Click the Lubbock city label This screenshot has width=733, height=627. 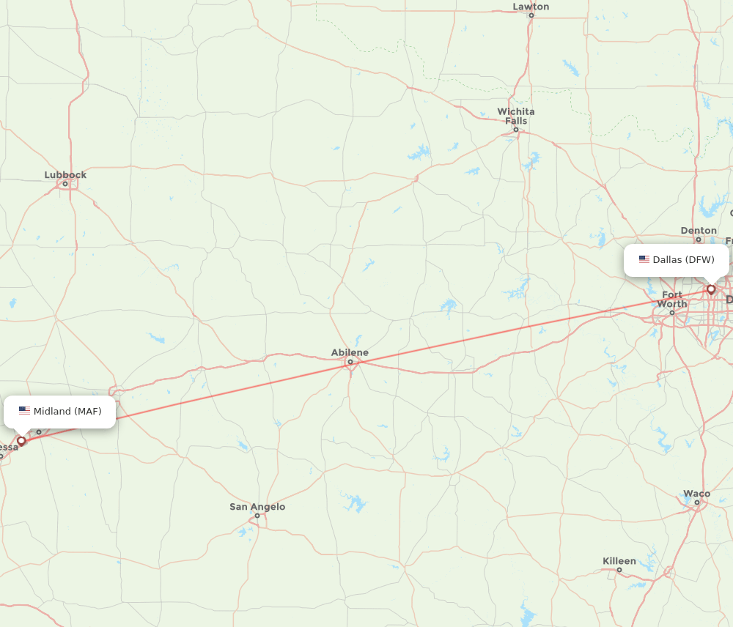(65, 174)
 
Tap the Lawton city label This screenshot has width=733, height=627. (531, 7)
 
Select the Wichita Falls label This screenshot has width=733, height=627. (516, 116)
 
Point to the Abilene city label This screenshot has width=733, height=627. (350, 352)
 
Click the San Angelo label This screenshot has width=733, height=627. (257, 506)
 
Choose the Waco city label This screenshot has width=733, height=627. (696, 493)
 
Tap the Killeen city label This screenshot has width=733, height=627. (619, 561)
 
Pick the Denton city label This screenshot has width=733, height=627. (699, 230)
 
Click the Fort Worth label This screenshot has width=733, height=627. (672, 299)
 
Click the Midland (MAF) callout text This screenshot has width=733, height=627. (67, 411)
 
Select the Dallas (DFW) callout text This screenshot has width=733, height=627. (683, 259)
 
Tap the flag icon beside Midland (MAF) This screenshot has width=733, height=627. (25, 411)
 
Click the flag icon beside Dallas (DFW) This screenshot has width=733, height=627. (644, 259)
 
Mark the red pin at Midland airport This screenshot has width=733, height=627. (21, 441)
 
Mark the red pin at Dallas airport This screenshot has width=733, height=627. (711, 289)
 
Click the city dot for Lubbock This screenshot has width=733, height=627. (65, 184)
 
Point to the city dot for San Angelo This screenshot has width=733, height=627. (257, 516)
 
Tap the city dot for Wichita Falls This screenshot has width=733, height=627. (516, 130)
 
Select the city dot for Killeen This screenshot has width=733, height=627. (619, 570)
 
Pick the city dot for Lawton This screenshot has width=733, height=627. (531, 15)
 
